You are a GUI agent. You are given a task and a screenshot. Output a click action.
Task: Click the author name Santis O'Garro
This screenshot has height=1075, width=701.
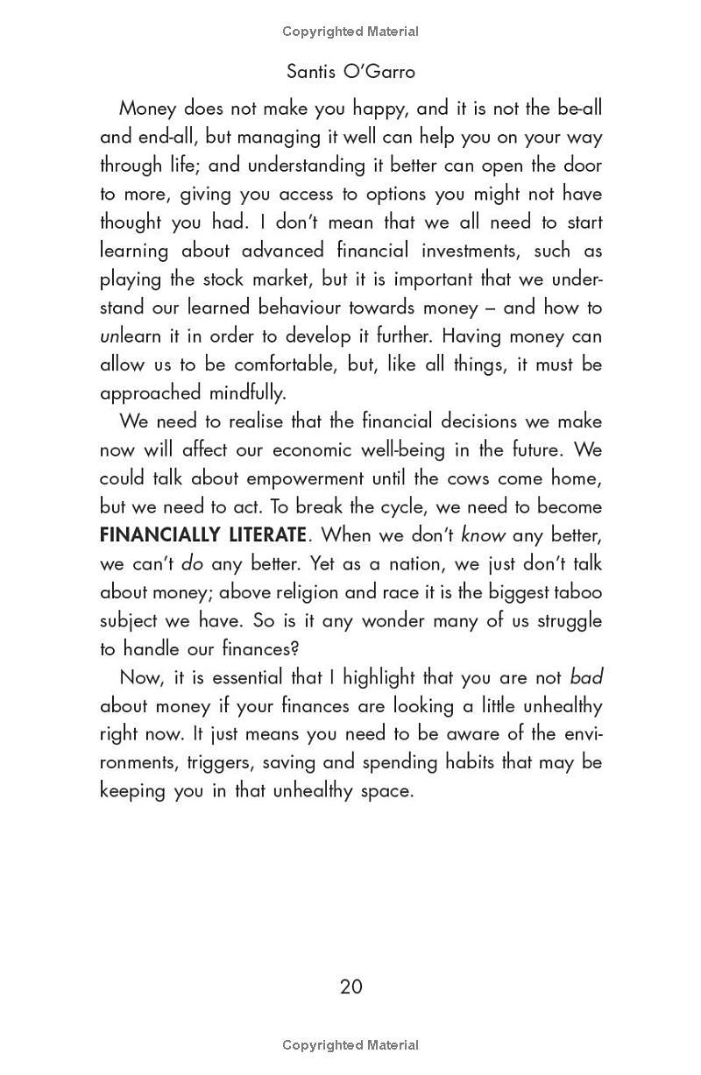350,71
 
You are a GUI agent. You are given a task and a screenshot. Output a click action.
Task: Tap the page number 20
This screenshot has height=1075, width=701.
350,987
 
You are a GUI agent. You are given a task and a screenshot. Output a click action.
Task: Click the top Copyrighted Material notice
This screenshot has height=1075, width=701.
350,32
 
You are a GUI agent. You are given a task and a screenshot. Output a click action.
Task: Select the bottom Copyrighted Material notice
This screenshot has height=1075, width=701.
350,1044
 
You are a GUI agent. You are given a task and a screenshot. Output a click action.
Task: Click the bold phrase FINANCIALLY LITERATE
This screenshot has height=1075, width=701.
202,534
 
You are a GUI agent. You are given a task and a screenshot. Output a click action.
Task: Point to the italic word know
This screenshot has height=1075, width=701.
483,534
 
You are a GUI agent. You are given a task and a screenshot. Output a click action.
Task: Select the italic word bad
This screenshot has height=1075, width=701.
586,677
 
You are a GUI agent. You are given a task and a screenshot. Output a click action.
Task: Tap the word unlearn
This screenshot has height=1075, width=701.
133,336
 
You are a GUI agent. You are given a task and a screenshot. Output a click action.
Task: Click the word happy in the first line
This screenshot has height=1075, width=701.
379,109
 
